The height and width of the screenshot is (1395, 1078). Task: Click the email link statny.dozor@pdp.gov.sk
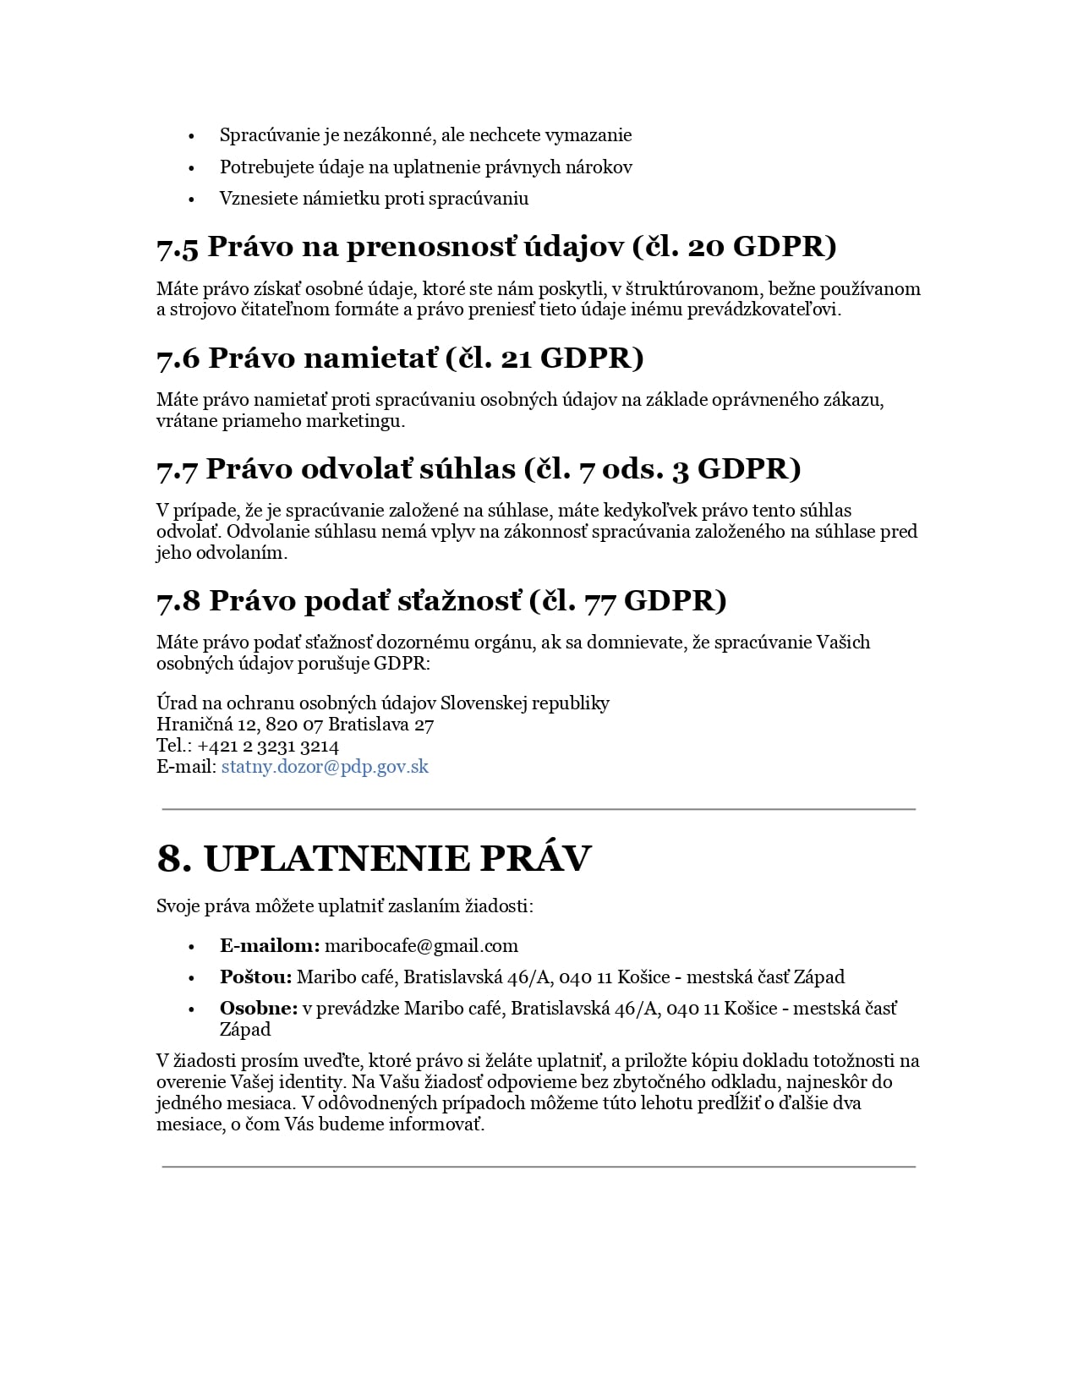click(325, 767)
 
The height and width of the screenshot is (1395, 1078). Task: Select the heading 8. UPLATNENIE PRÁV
click(374, 858)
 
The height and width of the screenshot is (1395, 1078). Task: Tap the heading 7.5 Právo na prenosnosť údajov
click(496, 246)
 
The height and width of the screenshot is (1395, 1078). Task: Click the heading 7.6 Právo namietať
click(400, 358)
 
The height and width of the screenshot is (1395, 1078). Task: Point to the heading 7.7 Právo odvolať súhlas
click(479, 468)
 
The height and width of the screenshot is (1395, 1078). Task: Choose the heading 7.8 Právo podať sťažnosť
click(441, 600)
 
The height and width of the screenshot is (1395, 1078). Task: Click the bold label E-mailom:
click(270, 945)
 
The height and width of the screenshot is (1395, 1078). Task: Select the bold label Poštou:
click(255, 976)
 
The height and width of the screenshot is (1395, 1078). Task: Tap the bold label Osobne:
click(259, 1008)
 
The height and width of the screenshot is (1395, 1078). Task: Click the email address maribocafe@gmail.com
click(421, 945)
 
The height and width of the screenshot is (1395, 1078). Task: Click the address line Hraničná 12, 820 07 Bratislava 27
click(295, 725)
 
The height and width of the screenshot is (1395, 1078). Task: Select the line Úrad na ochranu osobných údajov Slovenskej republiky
click(382, 703)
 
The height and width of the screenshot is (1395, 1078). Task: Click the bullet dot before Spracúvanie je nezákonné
click(192, 136)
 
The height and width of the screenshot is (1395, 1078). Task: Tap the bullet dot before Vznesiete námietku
click(192, 200)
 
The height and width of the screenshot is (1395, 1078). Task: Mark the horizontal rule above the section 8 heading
click(539, 809)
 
